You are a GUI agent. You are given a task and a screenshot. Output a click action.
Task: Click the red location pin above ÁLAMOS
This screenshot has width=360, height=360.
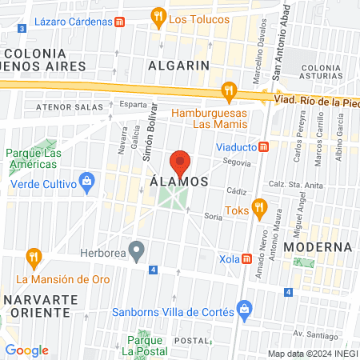(x=181, y=162)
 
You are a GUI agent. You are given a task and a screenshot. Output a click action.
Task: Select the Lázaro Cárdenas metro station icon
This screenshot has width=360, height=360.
(x=119, y=22)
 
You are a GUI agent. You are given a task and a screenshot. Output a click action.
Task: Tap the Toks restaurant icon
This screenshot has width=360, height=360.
(x=258, y=210)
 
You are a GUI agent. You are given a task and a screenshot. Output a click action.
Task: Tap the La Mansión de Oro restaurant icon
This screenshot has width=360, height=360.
(x=33, y=258)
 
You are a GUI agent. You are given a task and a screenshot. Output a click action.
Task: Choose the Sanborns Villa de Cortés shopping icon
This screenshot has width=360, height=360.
(x=245, y=310)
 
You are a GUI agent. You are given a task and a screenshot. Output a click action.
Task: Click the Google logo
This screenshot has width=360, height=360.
(x=26, y=350)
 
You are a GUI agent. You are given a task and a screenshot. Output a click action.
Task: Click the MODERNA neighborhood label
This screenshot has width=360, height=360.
(x=318, y=246)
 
